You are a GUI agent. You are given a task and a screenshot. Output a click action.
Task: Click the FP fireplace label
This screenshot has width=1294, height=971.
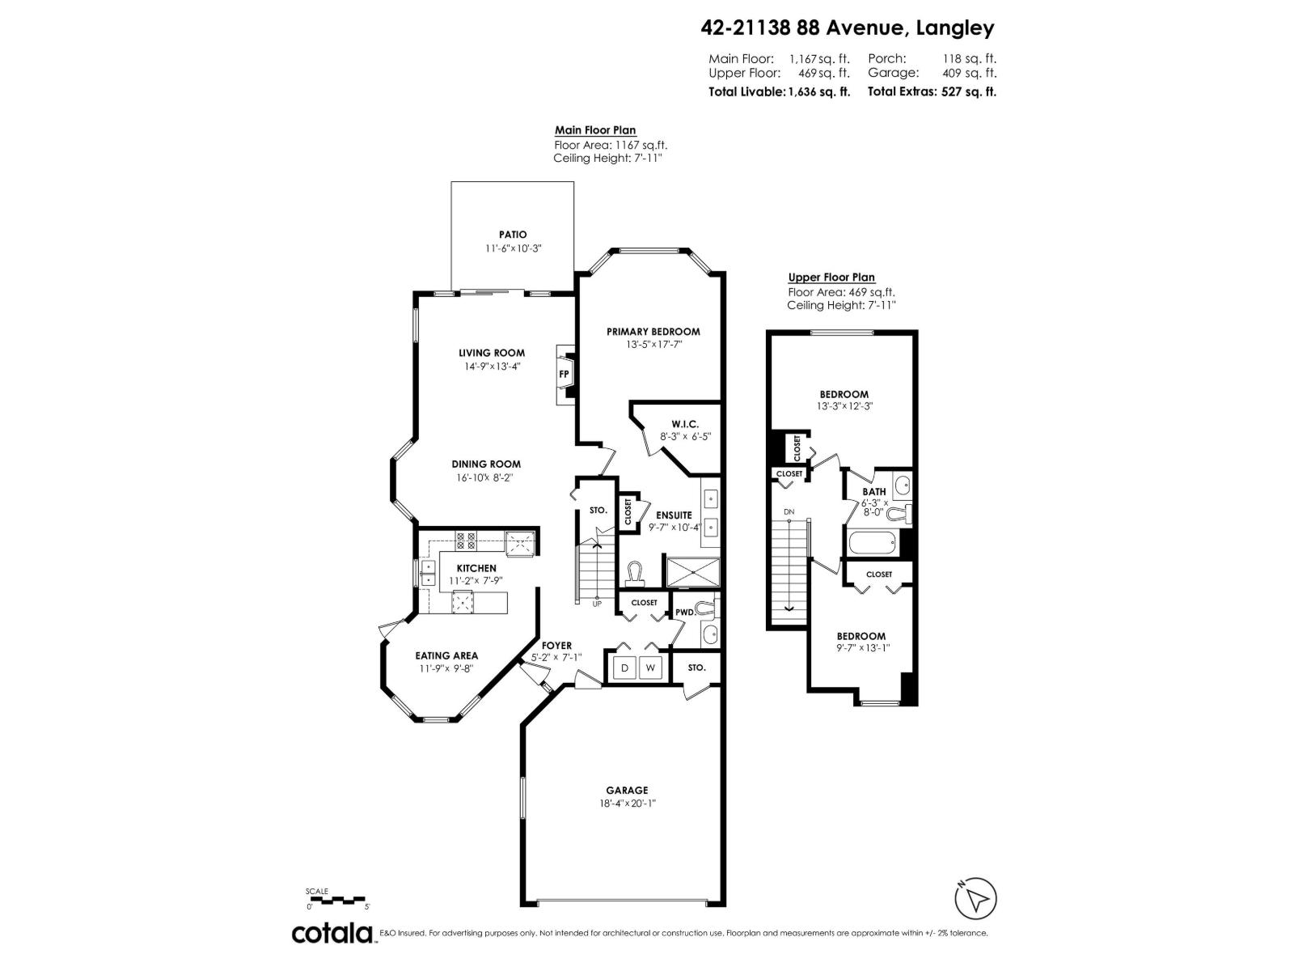pyautogui.click(x=565, y=374)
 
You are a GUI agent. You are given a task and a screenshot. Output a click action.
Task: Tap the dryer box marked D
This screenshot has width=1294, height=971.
pyautogui.click(x=624, y=668)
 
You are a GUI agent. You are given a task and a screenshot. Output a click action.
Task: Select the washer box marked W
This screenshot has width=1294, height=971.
pyautogui.click(x=650, y=668)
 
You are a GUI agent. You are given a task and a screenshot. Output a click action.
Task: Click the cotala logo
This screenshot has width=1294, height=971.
pyautogui.click(x=332, y=933)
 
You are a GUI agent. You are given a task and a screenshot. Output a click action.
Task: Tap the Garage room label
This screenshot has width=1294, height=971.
pyautogui.click(x=627, y=791)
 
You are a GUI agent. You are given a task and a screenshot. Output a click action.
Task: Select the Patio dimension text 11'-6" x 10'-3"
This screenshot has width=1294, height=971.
pyautogui.click(x=513, y=248)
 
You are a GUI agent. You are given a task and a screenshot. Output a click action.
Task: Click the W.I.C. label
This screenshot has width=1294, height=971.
pyautogui.click(x=684, y=424)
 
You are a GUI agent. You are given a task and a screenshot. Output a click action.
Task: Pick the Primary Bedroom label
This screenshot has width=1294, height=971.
pyautogui.click(x=653, y=331)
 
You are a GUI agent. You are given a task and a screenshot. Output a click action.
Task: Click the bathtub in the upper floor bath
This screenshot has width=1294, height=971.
pyautogui.click(x=871, y=543)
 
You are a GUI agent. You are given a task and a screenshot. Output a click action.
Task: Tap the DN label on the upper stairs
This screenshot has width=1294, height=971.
pyautogui.click(x=789, y=512)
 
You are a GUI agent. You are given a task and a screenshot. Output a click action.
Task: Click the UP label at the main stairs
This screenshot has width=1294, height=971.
pyautogui.click(x=597, y=604)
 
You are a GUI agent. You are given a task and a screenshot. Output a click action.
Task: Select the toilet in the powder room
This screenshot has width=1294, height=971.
pyautogui.click(x=708, y=606)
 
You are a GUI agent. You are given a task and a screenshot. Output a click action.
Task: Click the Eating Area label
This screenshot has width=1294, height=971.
pyautogui.click(x=446, y=655)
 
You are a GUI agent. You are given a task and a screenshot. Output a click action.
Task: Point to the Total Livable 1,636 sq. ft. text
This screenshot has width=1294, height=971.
pyautogui.click(x=779, y=91)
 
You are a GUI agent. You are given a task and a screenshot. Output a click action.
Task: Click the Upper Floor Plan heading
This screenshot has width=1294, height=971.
pyautogui.click(x=831, y=278)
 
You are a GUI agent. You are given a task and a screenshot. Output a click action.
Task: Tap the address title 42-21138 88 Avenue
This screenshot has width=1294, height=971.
pyautogui.click(x=847, y=28)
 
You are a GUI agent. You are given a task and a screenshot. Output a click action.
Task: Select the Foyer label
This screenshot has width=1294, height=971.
pyautogui.click(x=556, y=645)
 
